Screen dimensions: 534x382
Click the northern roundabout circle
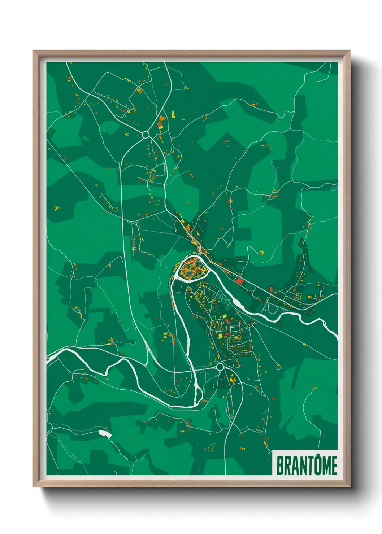pos(146,135)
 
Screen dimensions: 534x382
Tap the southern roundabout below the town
pos(220,367)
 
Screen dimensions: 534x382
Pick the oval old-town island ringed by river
pos(191,268)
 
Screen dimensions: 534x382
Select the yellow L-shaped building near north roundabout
pos(173,114)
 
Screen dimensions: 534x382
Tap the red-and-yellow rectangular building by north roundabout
pos(160,125)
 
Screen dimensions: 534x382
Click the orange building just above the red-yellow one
pos(162,118)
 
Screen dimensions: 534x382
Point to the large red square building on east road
pos(239,281)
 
